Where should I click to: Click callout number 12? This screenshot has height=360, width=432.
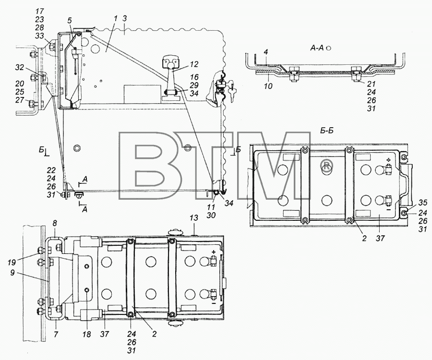(194, 64)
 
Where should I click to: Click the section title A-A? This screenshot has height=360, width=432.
(316, 48)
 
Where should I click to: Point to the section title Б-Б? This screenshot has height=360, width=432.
(327, 130)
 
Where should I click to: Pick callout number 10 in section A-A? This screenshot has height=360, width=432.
(268, 86)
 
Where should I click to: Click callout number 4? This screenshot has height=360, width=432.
(265, 51)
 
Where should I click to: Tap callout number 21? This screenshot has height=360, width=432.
(371, 84)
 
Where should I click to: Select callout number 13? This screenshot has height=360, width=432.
(194, 217)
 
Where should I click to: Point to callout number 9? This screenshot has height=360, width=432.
(12, 274)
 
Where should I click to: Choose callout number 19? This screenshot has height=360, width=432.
(12, 263)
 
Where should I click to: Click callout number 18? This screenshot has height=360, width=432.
(87, 334)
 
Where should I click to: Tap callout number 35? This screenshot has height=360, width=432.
(422, 203)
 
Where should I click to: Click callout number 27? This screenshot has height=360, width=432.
(19, 100)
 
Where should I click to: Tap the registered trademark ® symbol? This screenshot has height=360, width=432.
(326, 166)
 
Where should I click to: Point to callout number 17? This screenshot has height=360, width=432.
(39, 12)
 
